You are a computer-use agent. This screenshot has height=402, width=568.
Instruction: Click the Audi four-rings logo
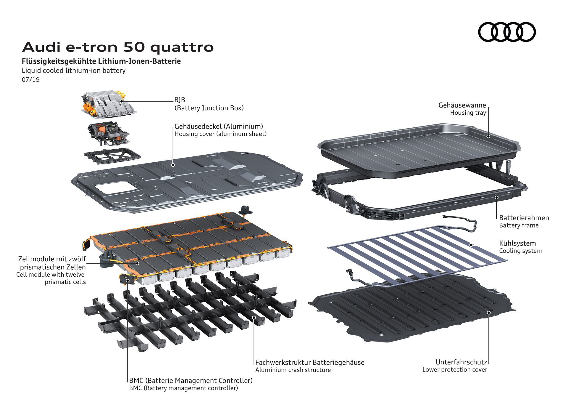click(x=507, y=32)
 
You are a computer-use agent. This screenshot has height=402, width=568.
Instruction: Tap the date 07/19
click(x=30, y=80)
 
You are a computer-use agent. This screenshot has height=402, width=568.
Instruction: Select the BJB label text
click(x=180, y=100)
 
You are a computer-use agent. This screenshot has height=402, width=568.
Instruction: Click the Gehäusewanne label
click(x=462, y=105)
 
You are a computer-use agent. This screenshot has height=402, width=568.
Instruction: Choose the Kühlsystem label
click(x=517, y=243)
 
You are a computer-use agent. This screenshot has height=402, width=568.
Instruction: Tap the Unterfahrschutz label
click(x=461, y=362)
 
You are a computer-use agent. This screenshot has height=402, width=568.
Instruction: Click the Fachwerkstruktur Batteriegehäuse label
click(x=310, y=362)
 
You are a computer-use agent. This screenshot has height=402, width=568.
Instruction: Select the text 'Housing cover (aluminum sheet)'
click(x=220, y=134)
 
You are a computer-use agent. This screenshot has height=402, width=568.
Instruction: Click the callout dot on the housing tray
click(x=488, y=136)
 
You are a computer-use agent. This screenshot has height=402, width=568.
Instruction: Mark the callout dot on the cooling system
click(x=471, y=245)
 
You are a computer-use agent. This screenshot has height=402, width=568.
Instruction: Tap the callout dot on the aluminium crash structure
click(x=254, y=317)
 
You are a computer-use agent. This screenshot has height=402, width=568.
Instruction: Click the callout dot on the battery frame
click(x=496, y=197)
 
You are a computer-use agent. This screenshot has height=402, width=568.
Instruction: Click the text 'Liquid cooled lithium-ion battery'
click(x=74, y=71)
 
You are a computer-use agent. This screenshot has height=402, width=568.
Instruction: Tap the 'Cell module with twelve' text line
click(x=50, y=275)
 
